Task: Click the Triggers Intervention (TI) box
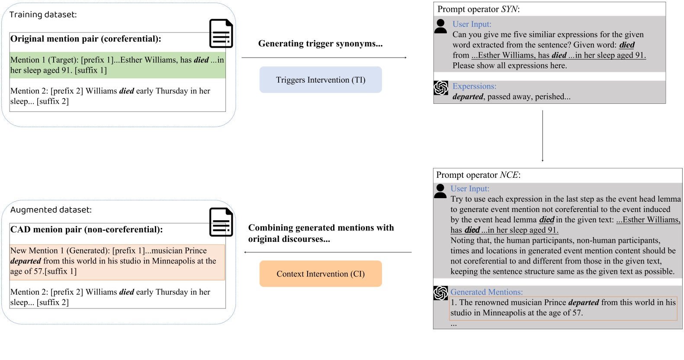click(x=321, y=80)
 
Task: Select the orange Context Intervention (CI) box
click(x=321, y=274)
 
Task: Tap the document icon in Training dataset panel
click(x=221, y=33)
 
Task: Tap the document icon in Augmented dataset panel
click(x=221, y=222)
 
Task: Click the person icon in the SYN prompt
click(x=440, y=26)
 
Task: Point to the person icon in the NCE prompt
click(x=440, y=191)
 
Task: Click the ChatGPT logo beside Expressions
click(x=441, y=88)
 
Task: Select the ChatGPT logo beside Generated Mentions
click(x=440, y=293)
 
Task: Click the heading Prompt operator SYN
click(x=478, y=9)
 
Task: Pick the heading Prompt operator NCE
click(x=478, y=175)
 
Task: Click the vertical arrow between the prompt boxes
click(x=543, y=135)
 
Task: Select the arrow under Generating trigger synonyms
click(x=324, y=58)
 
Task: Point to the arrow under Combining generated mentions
click(x=328, y=252)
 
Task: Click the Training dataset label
click(x=43, y=15)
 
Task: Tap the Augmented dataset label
click(x=51, y=210)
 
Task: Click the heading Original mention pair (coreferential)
click(x=86, y=39)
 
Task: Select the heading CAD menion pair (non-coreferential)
click(x=87, y=230)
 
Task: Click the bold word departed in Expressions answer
click(x=468, y=97)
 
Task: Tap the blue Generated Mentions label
click(x=486, y=292)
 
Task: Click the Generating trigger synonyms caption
click(x=320, y=43)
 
